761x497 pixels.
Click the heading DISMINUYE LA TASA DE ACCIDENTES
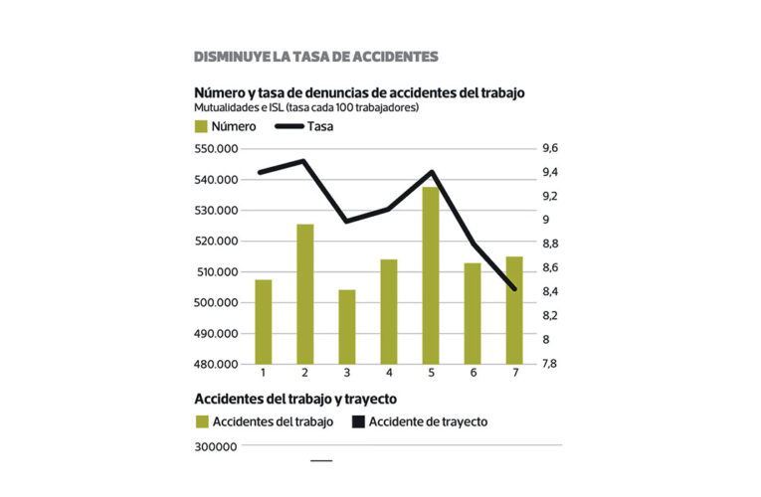315,56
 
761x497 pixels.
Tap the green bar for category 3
347,326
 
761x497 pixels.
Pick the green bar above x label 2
305,293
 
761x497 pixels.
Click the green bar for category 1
264,321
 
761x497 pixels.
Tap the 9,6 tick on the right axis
549,148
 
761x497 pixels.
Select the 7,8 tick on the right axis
549,364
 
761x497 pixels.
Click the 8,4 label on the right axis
549,291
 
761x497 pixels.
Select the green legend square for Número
201,126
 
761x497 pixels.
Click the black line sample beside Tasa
287,126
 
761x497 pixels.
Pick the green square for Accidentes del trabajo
201,421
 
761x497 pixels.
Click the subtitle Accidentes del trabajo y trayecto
295,399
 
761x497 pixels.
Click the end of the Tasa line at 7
514,289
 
